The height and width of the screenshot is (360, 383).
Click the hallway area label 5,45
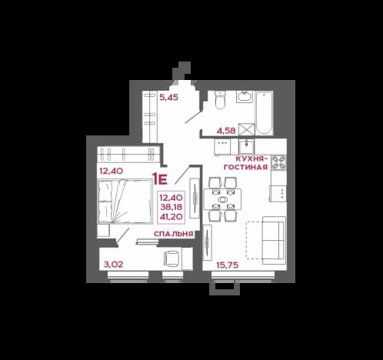pyautogui.click(x=168, y=98)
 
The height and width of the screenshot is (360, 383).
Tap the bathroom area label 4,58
pyautogui.click(x=226, y=131)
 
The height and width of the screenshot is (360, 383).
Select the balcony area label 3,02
pyautogui.click(x=113, y=265)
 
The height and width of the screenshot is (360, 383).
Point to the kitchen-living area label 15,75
pyautogui.click(x=228, y=265)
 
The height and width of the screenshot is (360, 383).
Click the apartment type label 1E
pyautogui.click(x=159, y=179)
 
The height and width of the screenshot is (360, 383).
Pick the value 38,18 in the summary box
pyautogui.click(x=172, y=207)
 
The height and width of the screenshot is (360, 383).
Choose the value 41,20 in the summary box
pyautogui.click(x=172, y=217)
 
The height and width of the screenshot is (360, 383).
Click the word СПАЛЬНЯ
pyautogui.click(x=173, y=234)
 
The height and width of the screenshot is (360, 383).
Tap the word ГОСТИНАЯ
pyautogui.click(x=246, y=167)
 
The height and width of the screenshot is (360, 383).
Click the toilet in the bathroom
pyautogui.click(x=220, y=100)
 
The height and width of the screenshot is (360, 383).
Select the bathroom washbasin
pyautogui.click(x=245, y=97)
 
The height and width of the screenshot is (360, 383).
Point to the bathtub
pyautogui.click(x=264, y=113)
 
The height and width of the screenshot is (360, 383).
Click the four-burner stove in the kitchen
pyautogui.click(x=278, y=162)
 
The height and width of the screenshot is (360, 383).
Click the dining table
pyautogui.click(x=222, y=199)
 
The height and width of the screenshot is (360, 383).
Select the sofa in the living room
pyautogui.click(x=274, y=240)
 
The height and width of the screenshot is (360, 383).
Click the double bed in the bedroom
pyautogui.click(x=125, y=202)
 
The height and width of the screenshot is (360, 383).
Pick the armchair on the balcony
pyautogui.click(x=172, y=258)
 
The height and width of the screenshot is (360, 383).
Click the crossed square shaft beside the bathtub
pyautogui.click(x=246, y=129)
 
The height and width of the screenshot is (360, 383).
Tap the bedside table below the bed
pyautogui.click(x=104, y=230)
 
